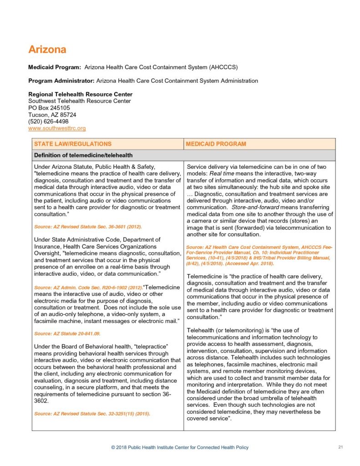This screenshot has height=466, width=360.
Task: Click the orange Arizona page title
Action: tap(47, 49)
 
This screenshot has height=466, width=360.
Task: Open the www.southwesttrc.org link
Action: tap(57, 128)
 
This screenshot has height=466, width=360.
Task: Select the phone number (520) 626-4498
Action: tap(48, 122)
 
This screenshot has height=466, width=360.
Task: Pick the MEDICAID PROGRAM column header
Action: tap(217, 144)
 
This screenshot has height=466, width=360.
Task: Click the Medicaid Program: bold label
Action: tap(55, 67)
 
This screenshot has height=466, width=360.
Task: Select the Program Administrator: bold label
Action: tap(61, 81)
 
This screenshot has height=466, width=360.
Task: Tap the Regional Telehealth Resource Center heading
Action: tap(80, 94)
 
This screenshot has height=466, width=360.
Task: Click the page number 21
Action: tap(340, 447)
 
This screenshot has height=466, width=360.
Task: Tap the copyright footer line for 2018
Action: tap(180, 447)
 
